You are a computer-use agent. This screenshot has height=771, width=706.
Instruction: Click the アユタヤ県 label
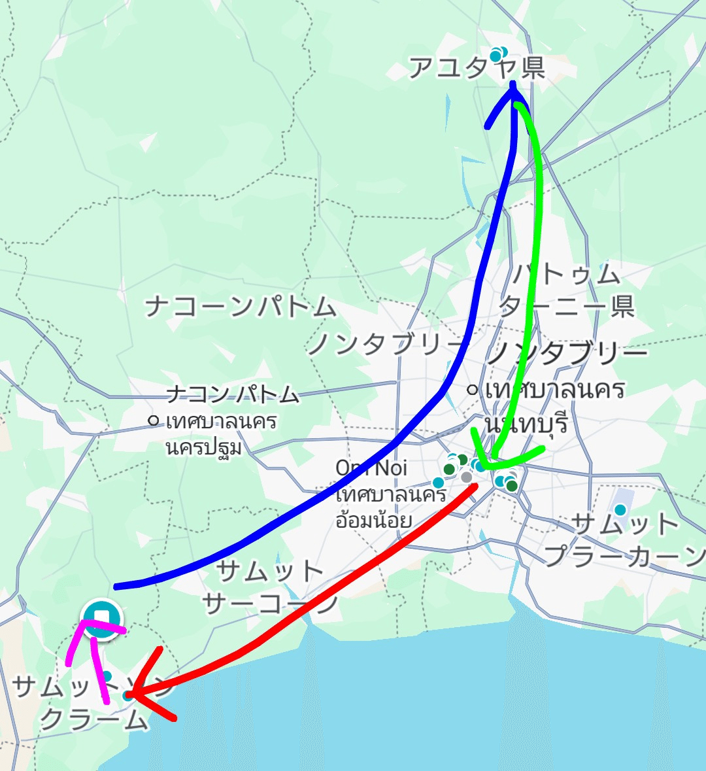click(477, 67)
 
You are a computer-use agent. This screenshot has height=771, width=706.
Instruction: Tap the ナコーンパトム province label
click(240, 307)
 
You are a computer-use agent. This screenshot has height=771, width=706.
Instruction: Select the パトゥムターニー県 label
click(566, 290)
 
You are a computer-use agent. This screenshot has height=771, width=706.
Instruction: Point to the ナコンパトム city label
click(233, 394)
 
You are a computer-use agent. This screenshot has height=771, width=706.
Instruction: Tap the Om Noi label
click(371, 468)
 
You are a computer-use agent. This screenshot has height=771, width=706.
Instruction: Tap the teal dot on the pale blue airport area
click(620, 509)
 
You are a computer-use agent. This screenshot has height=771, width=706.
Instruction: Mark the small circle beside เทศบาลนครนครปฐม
click(154, 420)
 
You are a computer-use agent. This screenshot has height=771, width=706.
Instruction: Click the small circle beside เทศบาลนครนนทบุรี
click(472, 390)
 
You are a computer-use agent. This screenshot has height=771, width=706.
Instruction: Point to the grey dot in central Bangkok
click(466, 477)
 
